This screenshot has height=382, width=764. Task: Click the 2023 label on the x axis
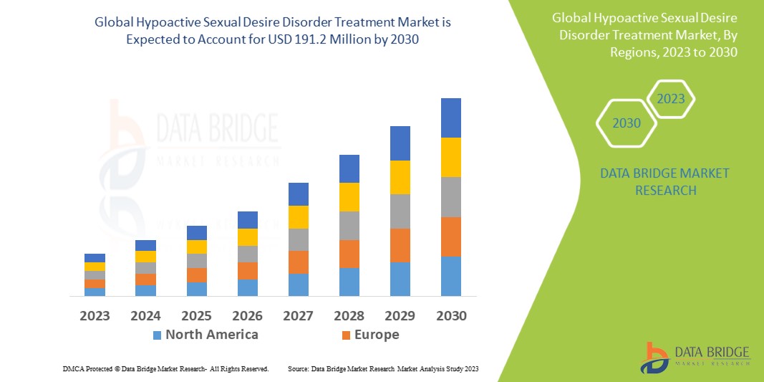point(95,315)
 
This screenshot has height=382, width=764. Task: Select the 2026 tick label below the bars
point(248,315)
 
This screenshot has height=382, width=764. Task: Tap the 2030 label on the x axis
point(451,315)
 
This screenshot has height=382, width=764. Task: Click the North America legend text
point(211,335)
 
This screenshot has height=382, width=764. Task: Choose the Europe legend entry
point(376,335)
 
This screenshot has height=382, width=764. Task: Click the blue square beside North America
point(157,335)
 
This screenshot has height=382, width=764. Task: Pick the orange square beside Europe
point(347,335)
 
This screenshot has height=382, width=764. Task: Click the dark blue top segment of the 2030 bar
point(450,118)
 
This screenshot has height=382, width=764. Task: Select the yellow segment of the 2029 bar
point(400,177)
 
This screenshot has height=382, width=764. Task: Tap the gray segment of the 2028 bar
point(349,225)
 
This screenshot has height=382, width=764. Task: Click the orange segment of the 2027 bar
point(298,262)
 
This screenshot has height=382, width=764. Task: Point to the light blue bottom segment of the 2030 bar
point(450,276)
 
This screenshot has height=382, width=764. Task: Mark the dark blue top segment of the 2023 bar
point(95,258)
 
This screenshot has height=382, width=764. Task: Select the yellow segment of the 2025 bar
point(196,247)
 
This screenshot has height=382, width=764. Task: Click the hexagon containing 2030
point(627,123)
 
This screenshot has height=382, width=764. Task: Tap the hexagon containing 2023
point(671,99)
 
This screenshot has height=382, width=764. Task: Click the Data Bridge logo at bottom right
point(695,357)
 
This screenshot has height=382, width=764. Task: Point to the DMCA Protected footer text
point(165,368)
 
